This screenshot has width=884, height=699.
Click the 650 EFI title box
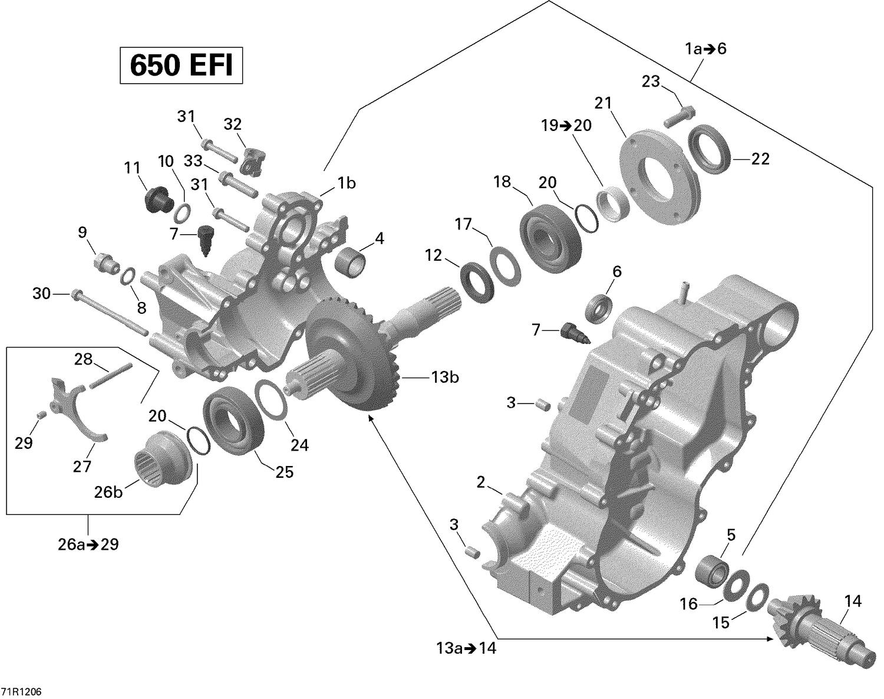click(x=181, y=65)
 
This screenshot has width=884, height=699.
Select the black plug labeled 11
click(x=156, y=199)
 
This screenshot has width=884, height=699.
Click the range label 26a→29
click(x=88, y=544)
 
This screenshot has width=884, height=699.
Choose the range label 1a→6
click(x=705, y=49)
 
